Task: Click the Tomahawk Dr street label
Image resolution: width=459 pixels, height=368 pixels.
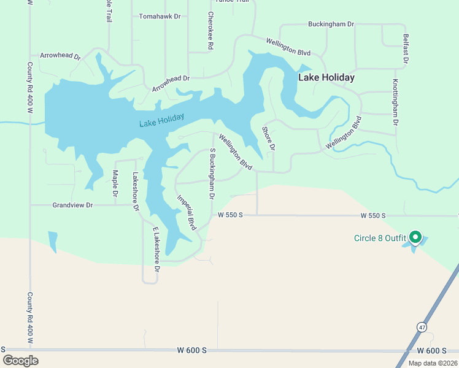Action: coord(160,17)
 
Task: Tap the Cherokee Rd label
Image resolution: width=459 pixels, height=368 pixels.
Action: coord(210,31)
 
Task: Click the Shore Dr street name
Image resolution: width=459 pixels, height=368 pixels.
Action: coord(268,139)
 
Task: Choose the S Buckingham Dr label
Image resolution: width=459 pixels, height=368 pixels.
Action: coord(212,174)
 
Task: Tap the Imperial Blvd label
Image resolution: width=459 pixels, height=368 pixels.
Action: coord(186,212)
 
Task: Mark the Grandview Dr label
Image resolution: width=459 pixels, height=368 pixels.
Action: coord(72,205)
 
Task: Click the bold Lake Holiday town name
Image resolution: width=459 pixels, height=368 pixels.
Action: coord(326,78)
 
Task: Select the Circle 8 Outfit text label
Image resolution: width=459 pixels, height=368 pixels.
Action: coord(380,238)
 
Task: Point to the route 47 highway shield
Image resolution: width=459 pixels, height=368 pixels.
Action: coord(422,327)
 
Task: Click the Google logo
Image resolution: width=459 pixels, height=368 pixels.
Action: coord(20,360)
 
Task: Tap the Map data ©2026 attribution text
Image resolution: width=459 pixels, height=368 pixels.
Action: coord(433,363)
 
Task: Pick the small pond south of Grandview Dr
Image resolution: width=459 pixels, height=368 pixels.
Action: coord(52,240)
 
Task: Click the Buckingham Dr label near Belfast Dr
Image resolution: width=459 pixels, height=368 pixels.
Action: coord(331,25)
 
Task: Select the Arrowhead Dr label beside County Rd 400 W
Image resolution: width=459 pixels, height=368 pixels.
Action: coord(60,56)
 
